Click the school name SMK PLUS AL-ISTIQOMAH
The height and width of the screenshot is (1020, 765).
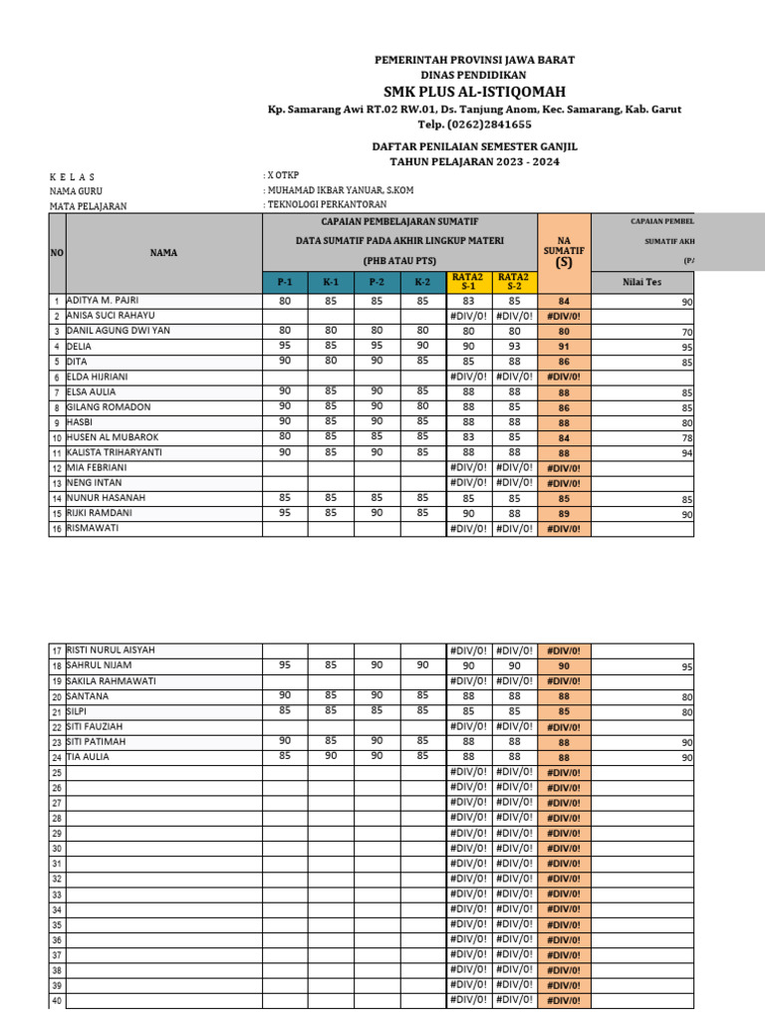pyautogui.click(x=474, y=92)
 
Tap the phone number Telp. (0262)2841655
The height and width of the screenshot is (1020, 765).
pyautogui.click(x=474, y=125)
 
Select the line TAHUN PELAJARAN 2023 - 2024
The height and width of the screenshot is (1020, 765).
pyautogui.click(x=474, y=160)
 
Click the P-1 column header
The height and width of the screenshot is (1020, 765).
pyautogui.click(x=285, y=283)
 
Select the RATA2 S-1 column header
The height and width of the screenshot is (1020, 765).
pyautogui.click(x=467, y=283)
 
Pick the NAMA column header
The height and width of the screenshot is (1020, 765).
pyautogui.click(x=163, y=253)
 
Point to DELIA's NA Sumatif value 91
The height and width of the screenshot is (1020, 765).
pyautogui.click(x=564, y=347)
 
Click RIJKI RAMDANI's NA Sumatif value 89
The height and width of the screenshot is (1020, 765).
pyautogui.click(x=564, y=514)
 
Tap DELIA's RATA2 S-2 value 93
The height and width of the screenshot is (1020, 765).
pyautogui.click(x=514, y=347)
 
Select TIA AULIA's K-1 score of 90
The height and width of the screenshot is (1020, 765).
pyautogui.click(x=331, y=756)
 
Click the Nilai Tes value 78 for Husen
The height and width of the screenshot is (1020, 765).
pyautogui.click(x=686, y=437)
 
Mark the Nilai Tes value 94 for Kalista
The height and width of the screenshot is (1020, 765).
pyautogui.click(x=686, y=452)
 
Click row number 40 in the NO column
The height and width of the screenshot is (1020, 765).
pyautogui.click(x=57, y=1001)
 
